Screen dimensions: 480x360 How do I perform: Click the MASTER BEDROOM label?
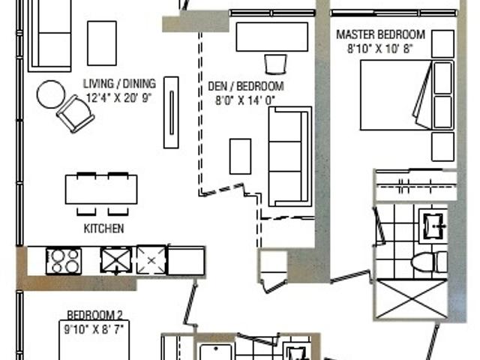[x=380, y=34]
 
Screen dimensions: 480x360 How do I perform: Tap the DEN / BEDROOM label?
[x=246, y=86]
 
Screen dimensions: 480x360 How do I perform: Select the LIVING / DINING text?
[x=119, y=83]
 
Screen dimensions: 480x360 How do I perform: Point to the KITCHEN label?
[x=103, y=228]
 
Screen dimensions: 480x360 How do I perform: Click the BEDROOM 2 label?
[x=94, y=315]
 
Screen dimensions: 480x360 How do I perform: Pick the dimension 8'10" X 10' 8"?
[x=380, y=49]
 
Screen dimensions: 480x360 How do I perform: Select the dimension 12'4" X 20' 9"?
[x=118, y=98]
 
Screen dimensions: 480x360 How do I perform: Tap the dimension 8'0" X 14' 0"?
[x=245, y=100]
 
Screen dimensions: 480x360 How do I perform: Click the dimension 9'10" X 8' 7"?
[x=94, y=329]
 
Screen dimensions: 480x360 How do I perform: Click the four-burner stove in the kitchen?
[x=64, y=261]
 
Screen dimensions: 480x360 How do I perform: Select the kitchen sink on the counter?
[x=116, y=261]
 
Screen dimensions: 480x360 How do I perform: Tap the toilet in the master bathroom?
[x=429, y=262]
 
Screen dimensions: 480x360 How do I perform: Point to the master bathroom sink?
[x=433, y=226]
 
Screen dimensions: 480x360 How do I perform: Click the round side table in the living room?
[x=51, y=94]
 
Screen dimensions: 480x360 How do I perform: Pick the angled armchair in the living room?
[x=75, y=113]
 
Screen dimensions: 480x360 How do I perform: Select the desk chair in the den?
[x=275, y=64]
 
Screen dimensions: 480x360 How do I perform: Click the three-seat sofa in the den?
[x=290, y=157]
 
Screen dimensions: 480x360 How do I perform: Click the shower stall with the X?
[x=412, y=299]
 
